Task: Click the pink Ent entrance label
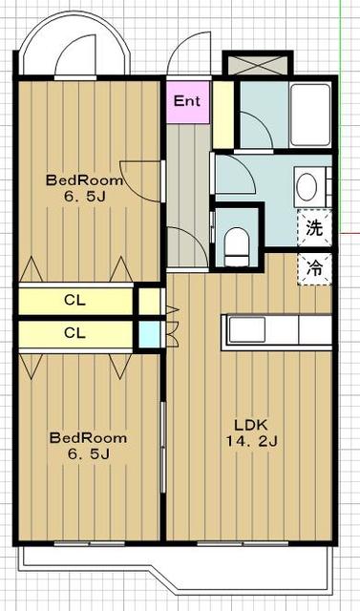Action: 188,102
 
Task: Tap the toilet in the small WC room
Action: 237,247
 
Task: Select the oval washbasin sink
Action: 306,187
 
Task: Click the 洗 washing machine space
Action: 314,228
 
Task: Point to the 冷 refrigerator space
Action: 314,268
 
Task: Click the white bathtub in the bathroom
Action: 310,115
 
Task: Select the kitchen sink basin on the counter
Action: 246,329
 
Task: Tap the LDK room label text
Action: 250,424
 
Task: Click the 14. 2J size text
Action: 252,441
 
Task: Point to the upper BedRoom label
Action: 85,180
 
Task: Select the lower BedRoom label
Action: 88,437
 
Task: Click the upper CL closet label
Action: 74,300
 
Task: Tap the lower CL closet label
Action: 74,333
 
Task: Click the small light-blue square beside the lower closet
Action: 150,334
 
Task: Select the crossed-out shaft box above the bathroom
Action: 258,65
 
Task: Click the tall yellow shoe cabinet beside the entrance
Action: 222,115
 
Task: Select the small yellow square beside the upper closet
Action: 150,302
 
